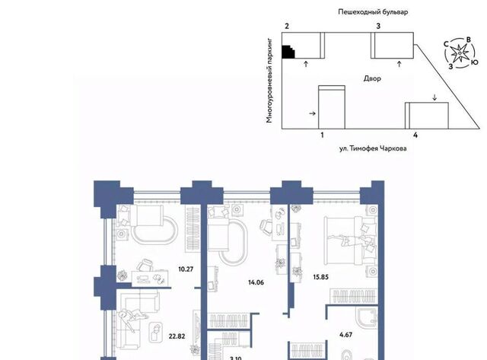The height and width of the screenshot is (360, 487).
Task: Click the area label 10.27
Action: coord(186,269)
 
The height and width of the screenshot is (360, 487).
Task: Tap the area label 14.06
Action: coord(256,282)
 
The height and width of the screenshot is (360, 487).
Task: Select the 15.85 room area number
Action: coord(321,277)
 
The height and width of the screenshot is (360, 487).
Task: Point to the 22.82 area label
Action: coord(177,336)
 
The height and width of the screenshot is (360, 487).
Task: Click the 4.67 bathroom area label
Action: coord(345,335)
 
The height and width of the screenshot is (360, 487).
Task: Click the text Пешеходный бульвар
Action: coord(373,12)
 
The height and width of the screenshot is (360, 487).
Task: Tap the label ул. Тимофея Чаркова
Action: coord(373,148)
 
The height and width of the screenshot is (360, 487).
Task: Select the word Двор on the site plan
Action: coord(372,78)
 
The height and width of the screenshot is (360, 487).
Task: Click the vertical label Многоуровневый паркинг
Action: coord(269,81)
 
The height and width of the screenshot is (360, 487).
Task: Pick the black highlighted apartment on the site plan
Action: coord(288,53)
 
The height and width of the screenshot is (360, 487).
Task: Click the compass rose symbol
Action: coord(460,54)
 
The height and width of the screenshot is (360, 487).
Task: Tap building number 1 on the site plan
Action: coord(322,135)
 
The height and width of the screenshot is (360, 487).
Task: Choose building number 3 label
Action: coord(378,26)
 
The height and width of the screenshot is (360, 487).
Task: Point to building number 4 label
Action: coord(415,135)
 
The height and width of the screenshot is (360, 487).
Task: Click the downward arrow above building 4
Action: coord(434,97)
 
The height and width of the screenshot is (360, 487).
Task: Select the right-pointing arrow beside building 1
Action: coord(313,113)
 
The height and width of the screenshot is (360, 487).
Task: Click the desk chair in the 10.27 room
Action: coord(145,266)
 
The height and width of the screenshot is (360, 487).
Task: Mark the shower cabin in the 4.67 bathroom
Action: coord(367,317)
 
